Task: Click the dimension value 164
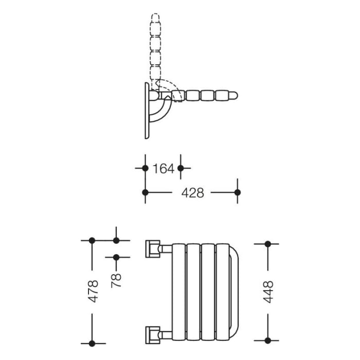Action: click(164, 168)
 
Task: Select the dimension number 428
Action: click(193, 193)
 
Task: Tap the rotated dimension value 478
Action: click(94, 291)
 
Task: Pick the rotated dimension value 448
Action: click(268, 292)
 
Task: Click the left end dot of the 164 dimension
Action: click(145, 168)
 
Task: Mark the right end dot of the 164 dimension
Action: click(181, 168)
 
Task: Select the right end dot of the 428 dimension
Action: click(237, 192)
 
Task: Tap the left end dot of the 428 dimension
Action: click(145, 192)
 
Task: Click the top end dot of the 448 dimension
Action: click(267, 244)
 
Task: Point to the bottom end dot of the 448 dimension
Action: click(267, 340)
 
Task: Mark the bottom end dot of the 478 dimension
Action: click(92, 343)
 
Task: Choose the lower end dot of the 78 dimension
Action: click(116, 257)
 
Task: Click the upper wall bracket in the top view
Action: click(153, 248)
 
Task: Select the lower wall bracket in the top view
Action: click(153, 335)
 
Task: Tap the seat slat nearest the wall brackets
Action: click(178, 292)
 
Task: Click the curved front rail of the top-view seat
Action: click(234, 292)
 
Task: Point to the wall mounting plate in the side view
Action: click(147, 110)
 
